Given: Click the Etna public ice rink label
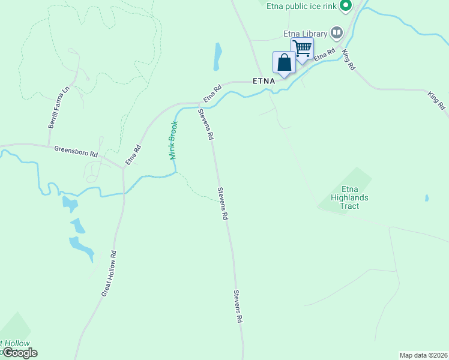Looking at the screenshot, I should coord(303,7).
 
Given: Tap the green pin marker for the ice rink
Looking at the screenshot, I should coord(346,6).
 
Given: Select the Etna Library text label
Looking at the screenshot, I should coord(305,34).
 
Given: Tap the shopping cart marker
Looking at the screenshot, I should coord(303,47).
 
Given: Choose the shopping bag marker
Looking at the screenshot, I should coord(284,62).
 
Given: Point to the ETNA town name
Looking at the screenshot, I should coord(264,80).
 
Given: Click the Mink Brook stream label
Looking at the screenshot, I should coord(173,140).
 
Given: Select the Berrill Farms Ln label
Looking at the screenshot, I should coord(58,107).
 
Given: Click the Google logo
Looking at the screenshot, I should coord(19,353).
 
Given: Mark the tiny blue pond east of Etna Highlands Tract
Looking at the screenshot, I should coord(427,197).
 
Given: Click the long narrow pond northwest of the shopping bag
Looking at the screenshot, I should coord(217,57).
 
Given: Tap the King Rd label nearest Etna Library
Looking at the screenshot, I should coord(348,60).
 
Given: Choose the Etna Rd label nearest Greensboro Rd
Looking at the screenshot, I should coord(133,155).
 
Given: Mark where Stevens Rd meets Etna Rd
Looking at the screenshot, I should coord(199,103).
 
